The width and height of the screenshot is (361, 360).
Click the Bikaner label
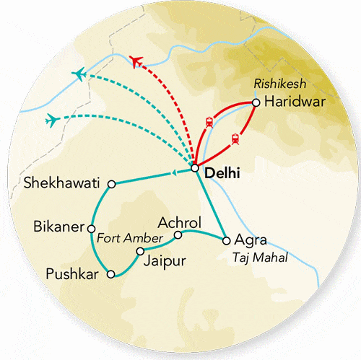click(58, 227)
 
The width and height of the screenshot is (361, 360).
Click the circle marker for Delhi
click(195, 169)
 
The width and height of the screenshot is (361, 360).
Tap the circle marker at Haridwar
click(256, 102)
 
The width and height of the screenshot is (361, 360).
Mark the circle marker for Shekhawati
click(111, 185)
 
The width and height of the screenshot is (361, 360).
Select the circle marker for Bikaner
click(92, 227)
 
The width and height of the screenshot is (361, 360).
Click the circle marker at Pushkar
click(110, 273)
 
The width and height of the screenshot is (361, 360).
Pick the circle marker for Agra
click(226, 240)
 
